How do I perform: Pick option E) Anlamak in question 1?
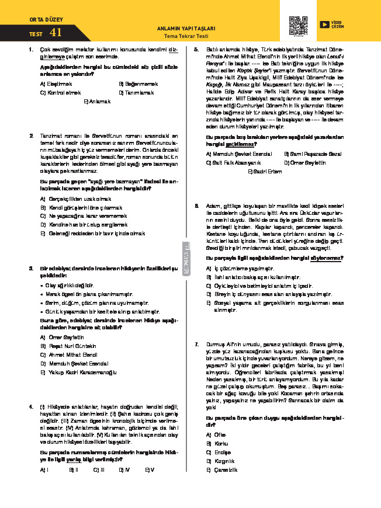click(98, 101)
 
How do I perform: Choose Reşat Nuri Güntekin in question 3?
click(73, 346)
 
